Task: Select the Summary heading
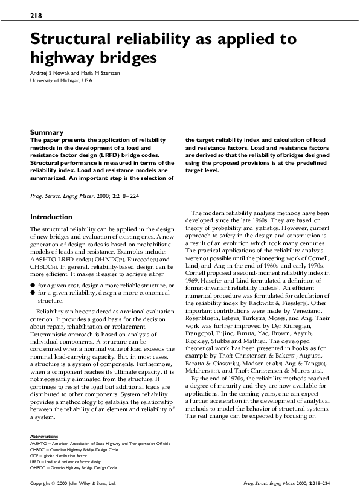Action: coord(47,132)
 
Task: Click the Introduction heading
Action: coord(51,217)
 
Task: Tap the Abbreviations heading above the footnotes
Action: coord(44,436)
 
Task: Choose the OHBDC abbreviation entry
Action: coord(73,467)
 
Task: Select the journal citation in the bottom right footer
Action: coord(286,484)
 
